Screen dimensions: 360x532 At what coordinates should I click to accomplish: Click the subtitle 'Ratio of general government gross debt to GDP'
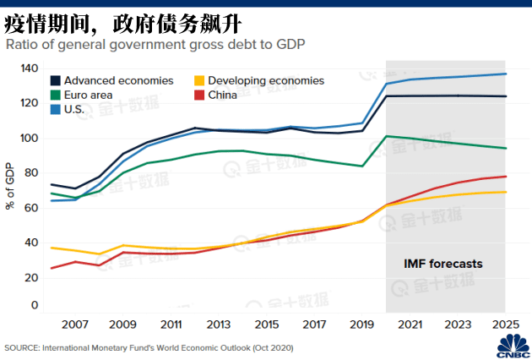coord(155,44)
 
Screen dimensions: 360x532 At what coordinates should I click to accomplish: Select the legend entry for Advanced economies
coord(117,81)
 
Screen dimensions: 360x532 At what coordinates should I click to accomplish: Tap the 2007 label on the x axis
coord(75,325)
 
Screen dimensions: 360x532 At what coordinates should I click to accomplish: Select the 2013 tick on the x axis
coord(218,325)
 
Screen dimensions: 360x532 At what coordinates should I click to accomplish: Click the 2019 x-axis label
coord(361,325)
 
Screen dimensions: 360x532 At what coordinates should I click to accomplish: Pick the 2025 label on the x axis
coord(504,325)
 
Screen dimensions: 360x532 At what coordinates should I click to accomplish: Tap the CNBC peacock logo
coord(513,345)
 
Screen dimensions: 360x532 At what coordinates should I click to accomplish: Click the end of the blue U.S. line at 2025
coord(505,74)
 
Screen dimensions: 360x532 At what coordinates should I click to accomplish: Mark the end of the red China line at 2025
coord(505,177)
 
